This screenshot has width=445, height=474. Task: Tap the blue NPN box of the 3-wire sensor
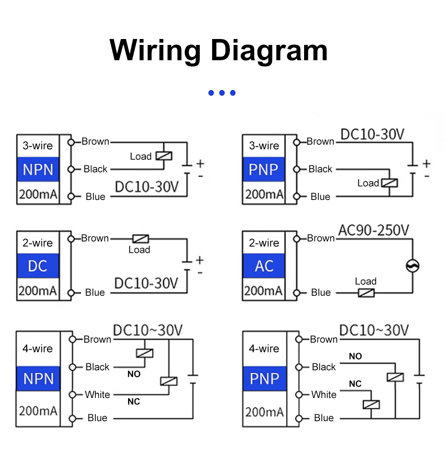point(38,169)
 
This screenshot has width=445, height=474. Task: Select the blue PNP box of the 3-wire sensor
point(264,169)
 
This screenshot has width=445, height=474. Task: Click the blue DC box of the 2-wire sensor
point(38,266)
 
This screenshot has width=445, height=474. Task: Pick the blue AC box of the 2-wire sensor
point(264,266)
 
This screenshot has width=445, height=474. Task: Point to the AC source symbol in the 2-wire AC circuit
point(412,266)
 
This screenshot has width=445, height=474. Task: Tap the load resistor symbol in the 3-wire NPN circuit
point(164,156)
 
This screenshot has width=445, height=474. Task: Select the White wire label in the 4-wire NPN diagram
point(97,395)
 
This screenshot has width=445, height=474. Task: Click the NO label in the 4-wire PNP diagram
point(355,356)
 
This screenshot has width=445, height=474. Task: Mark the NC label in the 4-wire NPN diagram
point(133,401)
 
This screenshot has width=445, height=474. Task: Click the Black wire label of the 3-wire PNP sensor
point(320,169)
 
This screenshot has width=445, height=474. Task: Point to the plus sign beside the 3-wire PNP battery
point(426,163)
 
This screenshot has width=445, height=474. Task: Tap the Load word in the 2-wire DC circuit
point(139,249)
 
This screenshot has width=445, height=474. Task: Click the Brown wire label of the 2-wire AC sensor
point(320,238)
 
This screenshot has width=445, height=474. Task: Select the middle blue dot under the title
point(222,93)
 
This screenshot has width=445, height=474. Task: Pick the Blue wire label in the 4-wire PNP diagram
point(323,418)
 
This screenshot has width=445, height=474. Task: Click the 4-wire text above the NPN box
point(38,349)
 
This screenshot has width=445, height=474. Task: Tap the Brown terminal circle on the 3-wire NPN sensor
point(71,142)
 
